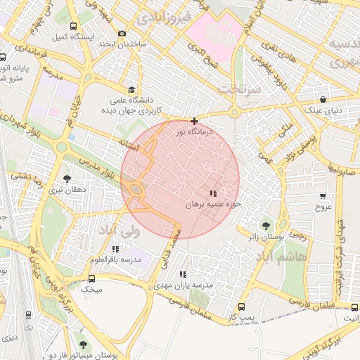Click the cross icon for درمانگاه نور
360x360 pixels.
(x=195, y=122)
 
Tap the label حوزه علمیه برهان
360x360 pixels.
(x=213, y=205)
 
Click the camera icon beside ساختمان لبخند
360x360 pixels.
(x=122, y=34)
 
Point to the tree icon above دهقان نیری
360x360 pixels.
(x=67, y=179)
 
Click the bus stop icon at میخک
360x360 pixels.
(x=91, y=278)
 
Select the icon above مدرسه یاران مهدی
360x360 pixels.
(x=184, y=274)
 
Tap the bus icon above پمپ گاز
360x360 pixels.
(x=242, y=307)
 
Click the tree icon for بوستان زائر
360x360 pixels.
(x=266, y=226)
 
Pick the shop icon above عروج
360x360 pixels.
(x=323, y=196)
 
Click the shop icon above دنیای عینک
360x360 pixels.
(x=323, y=100)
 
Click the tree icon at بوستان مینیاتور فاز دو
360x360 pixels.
(x=83, y=345)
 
